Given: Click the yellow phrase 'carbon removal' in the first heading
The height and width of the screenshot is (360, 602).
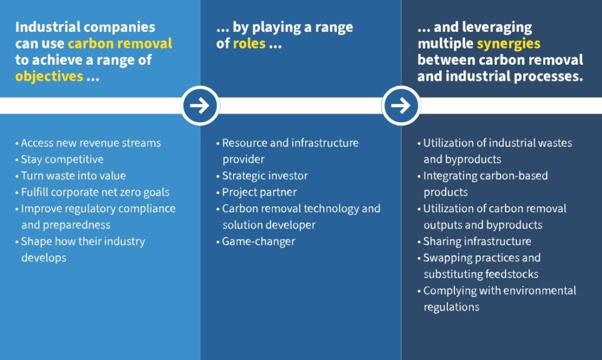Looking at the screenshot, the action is click(x=120, y=44).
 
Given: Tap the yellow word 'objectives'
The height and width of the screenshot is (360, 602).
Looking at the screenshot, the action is click(x=49, y=76).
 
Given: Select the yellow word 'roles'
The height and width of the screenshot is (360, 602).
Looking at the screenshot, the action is click(x=249, y=44).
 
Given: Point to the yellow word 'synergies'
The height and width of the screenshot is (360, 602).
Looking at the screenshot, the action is click(x=509, y=44).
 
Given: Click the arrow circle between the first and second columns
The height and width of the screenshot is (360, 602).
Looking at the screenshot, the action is click(x=200, y=105).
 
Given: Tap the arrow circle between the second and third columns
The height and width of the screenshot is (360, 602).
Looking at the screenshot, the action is click(x=401, y=105).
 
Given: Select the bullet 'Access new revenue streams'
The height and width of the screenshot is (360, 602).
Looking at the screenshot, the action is click(x=88, y=143).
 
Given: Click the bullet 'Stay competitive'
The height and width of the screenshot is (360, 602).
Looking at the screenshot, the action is click(x=59, y=159).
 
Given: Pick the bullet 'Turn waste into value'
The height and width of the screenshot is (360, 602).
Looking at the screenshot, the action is click(x=71, y=175).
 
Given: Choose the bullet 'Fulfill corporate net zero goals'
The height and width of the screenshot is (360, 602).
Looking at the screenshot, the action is click(x=92, y=192).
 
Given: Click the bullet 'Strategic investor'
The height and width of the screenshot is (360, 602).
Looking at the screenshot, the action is click(x=262, y=175).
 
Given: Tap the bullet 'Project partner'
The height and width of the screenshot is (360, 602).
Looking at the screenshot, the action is click(x=256, y=192).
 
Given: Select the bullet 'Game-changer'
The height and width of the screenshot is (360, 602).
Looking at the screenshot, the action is click(x=256, y=242).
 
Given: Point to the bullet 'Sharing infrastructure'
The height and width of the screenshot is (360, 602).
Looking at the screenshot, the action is click(x=474, y=241).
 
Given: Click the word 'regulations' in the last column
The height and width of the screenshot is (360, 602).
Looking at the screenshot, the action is click(x=451, y=307).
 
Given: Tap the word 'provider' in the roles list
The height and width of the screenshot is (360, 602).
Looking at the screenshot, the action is click(x=243, y=159).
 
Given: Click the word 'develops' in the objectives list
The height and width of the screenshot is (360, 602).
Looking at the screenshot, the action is click(x=44, y=258).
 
